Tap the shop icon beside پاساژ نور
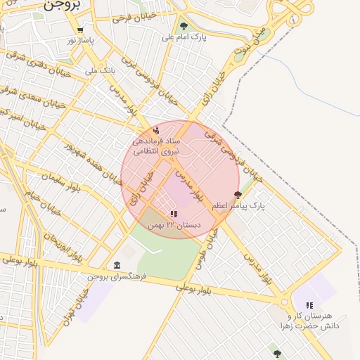coord(81,30)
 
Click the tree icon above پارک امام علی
coord(184,27)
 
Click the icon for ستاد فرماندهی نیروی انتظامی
coord(155,130)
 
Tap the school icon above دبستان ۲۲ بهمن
coord(174,214)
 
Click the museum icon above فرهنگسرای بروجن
coord(117,265)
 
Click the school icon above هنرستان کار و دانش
coord(309,304)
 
